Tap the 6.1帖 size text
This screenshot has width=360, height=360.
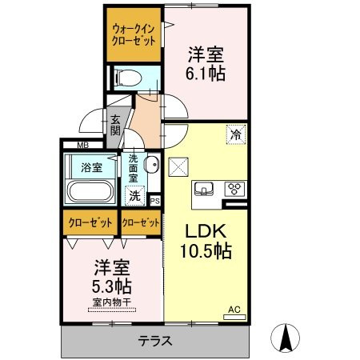pyautogui.click(x=206, y=74)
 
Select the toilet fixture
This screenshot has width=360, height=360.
pyautogui.click(x=126, y=78)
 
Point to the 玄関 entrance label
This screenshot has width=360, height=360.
pyautogui.click(x=115, y=125)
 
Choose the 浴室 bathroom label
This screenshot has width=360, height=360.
pyautogui.click(x=90, y=167)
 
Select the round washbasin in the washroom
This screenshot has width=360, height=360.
pyautogui.click(x=153, y=167)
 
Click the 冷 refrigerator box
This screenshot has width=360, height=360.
pyautogui.click(x=236, y=134)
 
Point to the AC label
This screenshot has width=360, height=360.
pyautogui.click(x=234, y=309)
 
